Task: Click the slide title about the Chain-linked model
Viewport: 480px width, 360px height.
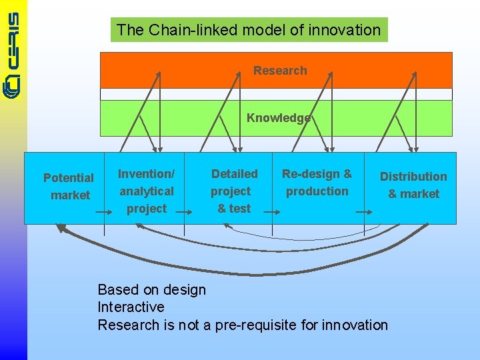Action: coord(249,30)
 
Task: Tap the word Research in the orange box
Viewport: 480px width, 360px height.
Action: coord(280,71)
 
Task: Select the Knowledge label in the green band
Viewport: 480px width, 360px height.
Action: coord(279,118)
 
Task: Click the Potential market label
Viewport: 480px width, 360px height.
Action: coord(69,187)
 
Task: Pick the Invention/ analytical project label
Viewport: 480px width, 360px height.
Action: coord(146,191)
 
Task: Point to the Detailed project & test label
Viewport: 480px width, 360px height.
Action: coord(234,191)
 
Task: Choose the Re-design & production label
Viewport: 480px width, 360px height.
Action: coord(317,183)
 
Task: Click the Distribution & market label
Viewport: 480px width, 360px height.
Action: coord(413,185)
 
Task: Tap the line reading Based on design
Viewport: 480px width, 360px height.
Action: coord(152,289)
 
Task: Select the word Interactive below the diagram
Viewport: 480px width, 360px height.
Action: coord(131,307)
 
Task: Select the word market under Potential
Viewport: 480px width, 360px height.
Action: coord(70,195)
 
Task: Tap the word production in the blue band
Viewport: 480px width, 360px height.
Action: coord(317,191)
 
